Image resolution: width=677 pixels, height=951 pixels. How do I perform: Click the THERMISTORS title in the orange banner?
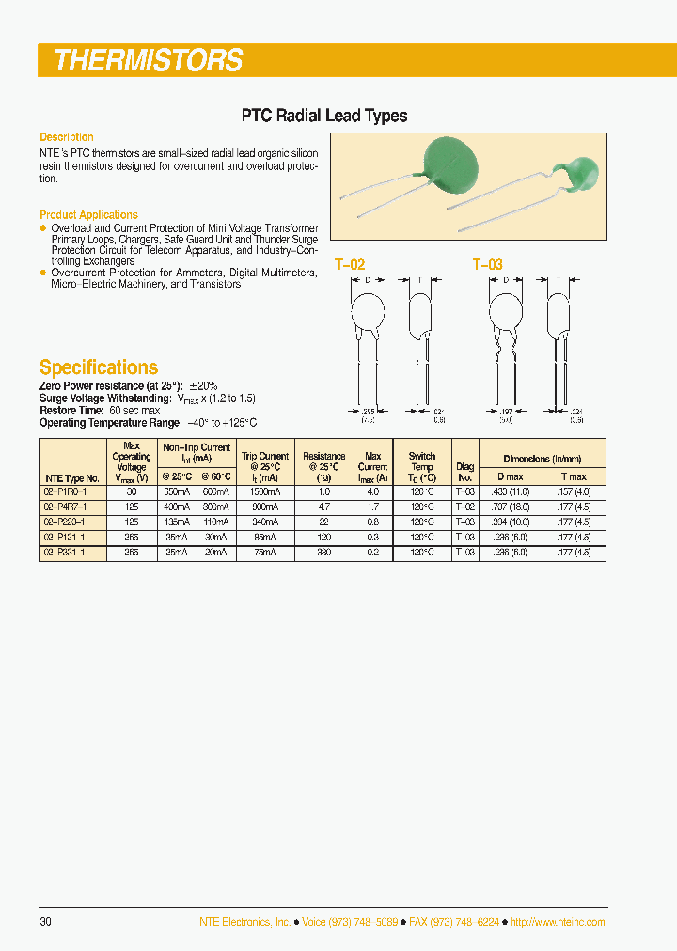(149, 61)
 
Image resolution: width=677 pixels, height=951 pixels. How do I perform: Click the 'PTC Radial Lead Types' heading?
(324, 116)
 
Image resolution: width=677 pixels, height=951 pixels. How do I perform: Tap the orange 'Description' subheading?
(67, 137)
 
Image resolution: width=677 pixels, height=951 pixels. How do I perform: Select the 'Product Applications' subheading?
(88, 215)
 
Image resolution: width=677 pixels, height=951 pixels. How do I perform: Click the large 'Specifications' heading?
(99, 367)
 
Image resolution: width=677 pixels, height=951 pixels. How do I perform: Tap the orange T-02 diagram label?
(350, 265)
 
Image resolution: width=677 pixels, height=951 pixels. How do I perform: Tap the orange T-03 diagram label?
(487, 265)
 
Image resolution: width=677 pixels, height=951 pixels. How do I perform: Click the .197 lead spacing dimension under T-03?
(505, 412)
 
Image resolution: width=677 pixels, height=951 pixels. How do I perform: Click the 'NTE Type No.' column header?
(72, 477)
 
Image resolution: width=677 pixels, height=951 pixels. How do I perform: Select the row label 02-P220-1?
(64, 522)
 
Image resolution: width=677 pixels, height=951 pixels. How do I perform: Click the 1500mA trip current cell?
(265, 491)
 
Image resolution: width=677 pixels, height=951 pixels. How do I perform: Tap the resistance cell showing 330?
(324, 553)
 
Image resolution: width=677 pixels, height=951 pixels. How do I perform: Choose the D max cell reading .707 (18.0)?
(511, 507)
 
